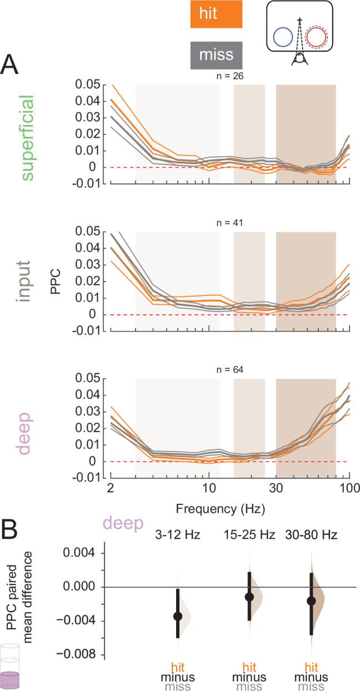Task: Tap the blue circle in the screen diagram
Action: pyautogui.click(x=283, y=38)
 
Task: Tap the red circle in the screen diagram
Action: pyautogui.click(x=316, y=38)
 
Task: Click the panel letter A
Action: pyautogui.click(x=12, y=66)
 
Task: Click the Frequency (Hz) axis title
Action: pyautogui.click(x=219, y=508)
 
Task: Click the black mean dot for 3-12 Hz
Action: pyautogui.click(x=178, y=616)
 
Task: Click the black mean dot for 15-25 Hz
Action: pyautogui.click(x=249, y=597)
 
